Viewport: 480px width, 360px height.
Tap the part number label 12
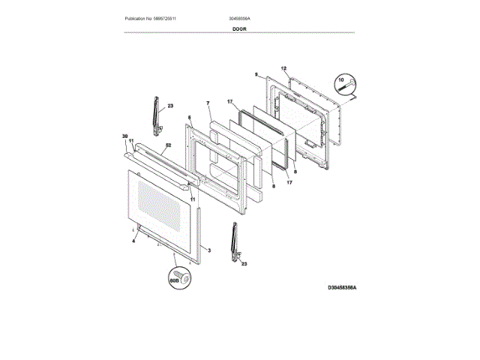tap(284, 68)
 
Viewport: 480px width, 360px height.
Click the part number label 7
tap(208, 102)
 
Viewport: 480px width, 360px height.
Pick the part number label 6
tap(190, 117)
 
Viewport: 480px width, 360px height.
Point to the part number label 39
tap(125, 136)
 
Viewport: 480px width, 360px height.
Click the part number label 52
tap(168, 145)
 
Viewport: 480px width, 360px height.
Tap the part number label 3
tap(209, 250)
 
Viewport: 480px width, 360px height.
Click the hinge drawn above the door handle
tap(155, 115)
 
